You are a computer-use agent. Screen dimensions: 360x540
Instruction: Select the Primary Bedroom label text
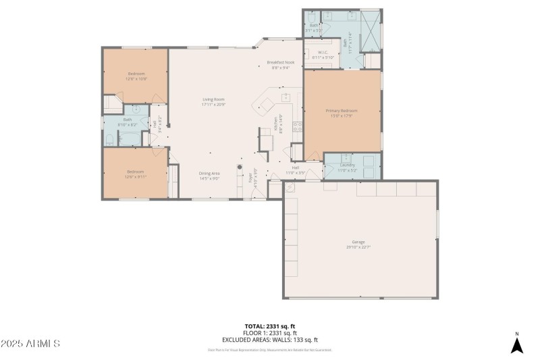click(342, 111)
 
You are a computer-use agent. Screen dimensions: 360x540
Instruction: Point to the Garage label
click(358, 242)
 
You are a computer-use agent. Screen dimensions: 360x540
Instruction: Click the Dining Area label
click(209, 174)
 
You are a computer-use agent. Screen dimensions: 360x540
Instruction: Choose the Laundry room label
click(348, 165)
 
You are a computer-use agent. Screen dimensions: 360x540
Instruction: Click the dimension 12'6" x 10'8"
click(136, 78)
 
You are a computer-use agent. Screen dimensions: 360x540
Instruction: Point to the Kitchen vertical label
click(275, 124)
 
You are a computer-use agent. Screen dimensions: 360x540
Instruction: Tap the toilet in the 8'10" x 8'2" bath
click(109, 140)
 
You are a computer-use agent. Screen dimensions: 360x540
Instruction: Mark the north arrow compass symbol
click(516, 344)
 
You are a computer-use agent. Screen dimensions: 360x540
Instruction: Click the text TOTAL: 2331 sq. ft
click(270, 326)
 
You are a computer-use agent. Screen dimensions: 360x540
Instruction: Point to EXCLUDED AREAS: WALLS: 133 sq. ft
click(270, 340)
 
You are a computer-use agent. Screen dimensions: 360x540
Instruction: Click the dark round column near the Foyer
click(238, 166)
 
